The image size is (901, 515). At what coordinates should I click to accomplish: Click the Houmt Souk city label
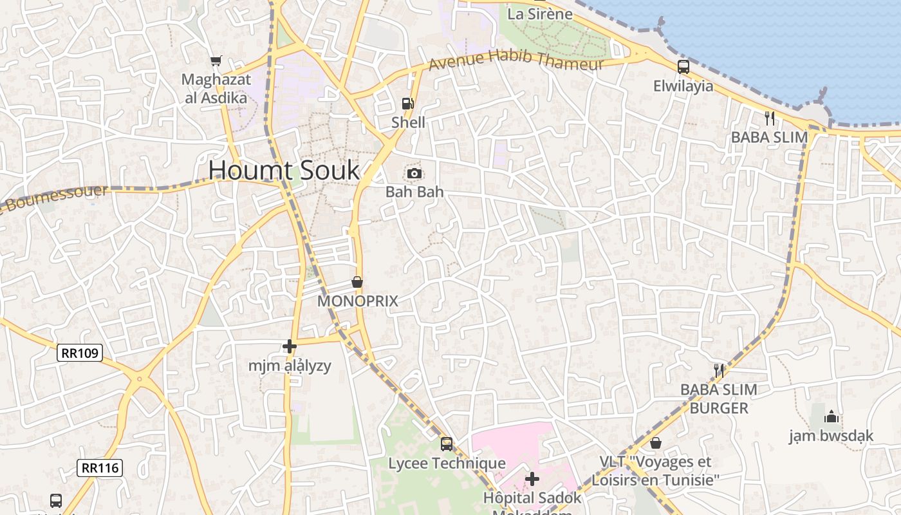[284, 171]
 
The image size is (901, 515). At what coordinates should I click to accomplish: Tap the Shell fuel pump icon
[407, 103]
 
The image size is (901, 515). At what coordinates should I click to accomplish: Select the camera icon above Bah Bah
[414, 173]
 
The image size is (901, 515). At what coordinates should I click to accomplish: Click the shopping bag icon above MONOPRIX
[357, 282]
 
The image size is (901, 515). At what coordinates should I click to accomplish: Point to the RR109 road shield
[80, 353]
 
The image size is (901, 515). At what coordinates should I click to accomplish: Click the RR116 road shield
[100, 467]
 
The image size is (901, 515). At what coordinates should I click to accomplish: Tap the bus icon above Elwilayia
[683, 66]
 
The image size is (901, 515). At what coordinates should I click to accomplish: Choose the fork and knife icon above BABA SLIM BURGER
[719, 370]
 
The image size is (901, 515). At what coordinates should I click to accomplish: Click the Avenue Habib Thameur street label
[516, 61]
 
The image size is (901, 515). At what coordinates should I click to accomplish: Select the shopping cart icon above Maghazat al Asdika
[216, 61]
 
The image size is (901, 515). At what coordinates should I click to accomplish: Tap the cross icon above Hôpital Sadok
[532, 479]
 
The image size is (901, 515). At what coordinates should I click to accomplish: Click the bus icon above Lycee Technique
[447, 444]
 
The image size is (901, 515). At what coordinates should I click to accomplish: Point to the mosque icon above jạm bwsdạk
[831, 417]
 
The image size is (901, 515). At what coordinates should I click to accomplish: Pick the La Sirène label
[540, 14]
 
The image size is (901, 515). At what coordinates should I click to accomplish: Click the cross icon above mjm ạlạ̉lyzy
[290, 347]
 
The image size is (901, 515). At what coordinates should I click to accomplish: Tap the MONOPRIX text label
[358, 301]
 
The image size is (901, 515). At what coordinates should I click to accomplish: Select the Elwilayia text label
[683, 86]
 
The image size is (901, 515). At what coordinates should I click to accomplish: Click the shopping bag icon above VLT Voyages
[656, 443]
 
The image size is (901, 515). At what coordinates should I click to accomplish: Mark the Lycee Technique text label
[447, 464]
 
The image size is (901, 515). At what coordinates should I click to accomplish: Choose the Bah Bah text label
[414, 192]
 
